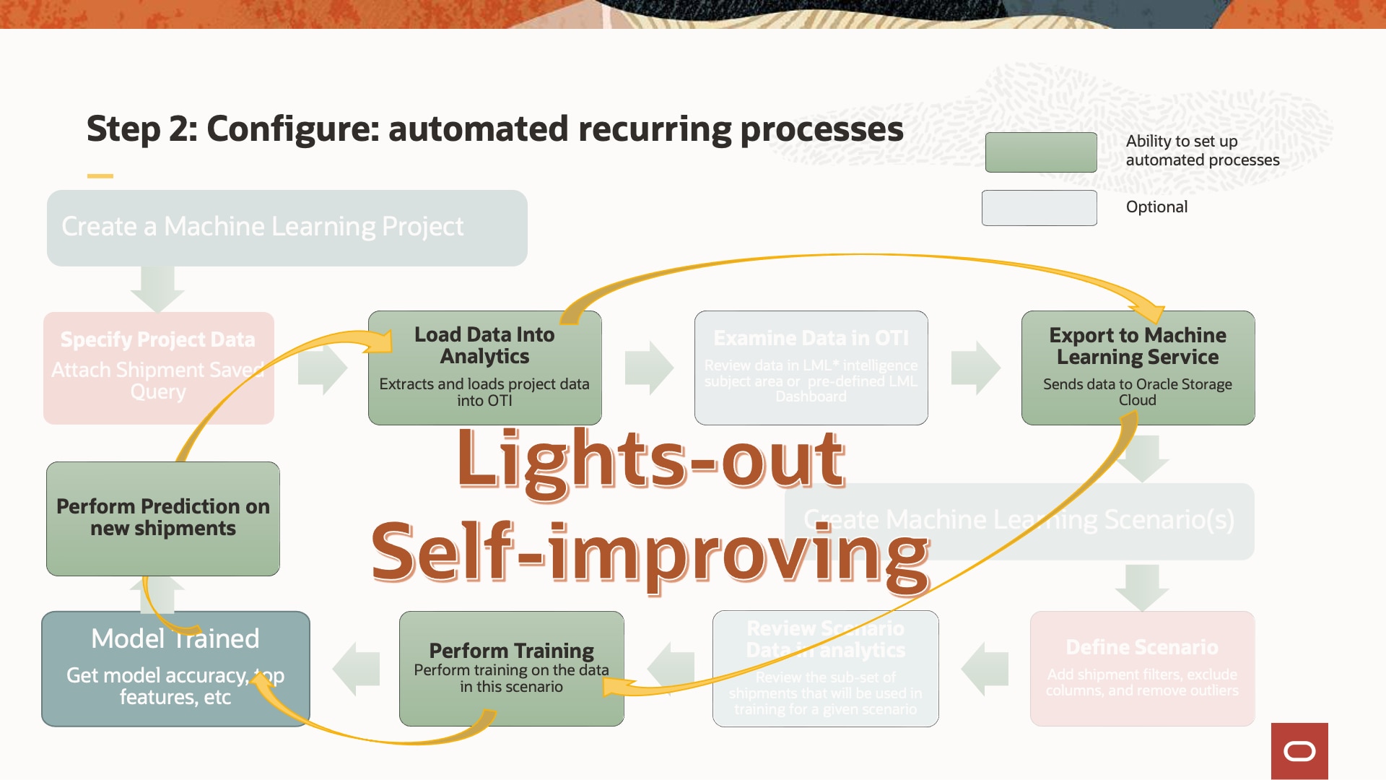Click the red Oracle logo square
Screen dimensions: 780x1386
click(x=1299, y=751)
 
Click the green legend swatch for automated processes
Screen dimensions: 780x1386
click(x=1040, y=152)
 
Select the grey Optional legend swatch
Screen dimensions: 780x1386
click(x=1039, y=208)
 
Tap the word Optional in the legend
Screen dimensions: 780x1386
click(x=1156, y=207)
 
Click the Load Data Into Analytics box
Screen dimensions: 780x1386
click(x=484, y=368)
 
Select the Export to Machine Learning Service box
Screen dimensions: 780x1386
click(x=1138, y=368)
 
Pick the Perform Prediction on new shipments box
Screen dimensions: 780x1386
click(x=163, y=518)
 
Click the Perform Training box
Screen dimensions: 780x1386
click(x=511, y=668)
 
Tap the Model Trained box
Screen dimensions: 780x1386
click(x=175, y=668)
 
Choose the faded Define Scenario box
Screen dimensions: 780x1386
click(x=1142, y=668)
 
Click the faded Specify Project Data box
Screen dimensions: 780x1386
click(x=158, y=368)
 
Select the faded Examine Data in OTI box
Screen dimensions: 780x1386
click(x=811, y=368)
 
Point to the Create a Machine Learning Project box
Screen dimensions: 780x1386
click(x=287, y=227)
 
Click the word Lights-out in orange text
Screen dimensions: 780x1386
click(x=650, y=460)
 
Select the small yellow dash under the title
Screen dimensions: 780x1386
click(x=100, y=175)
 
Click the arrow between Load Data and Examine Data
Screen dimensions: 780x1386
click(x=648, y=368)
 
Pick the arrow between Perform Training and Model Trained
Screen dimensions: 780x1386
click(x=357, y=668)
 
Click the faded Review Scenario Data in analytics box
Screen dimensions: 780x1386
click(x=825, y=668)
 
